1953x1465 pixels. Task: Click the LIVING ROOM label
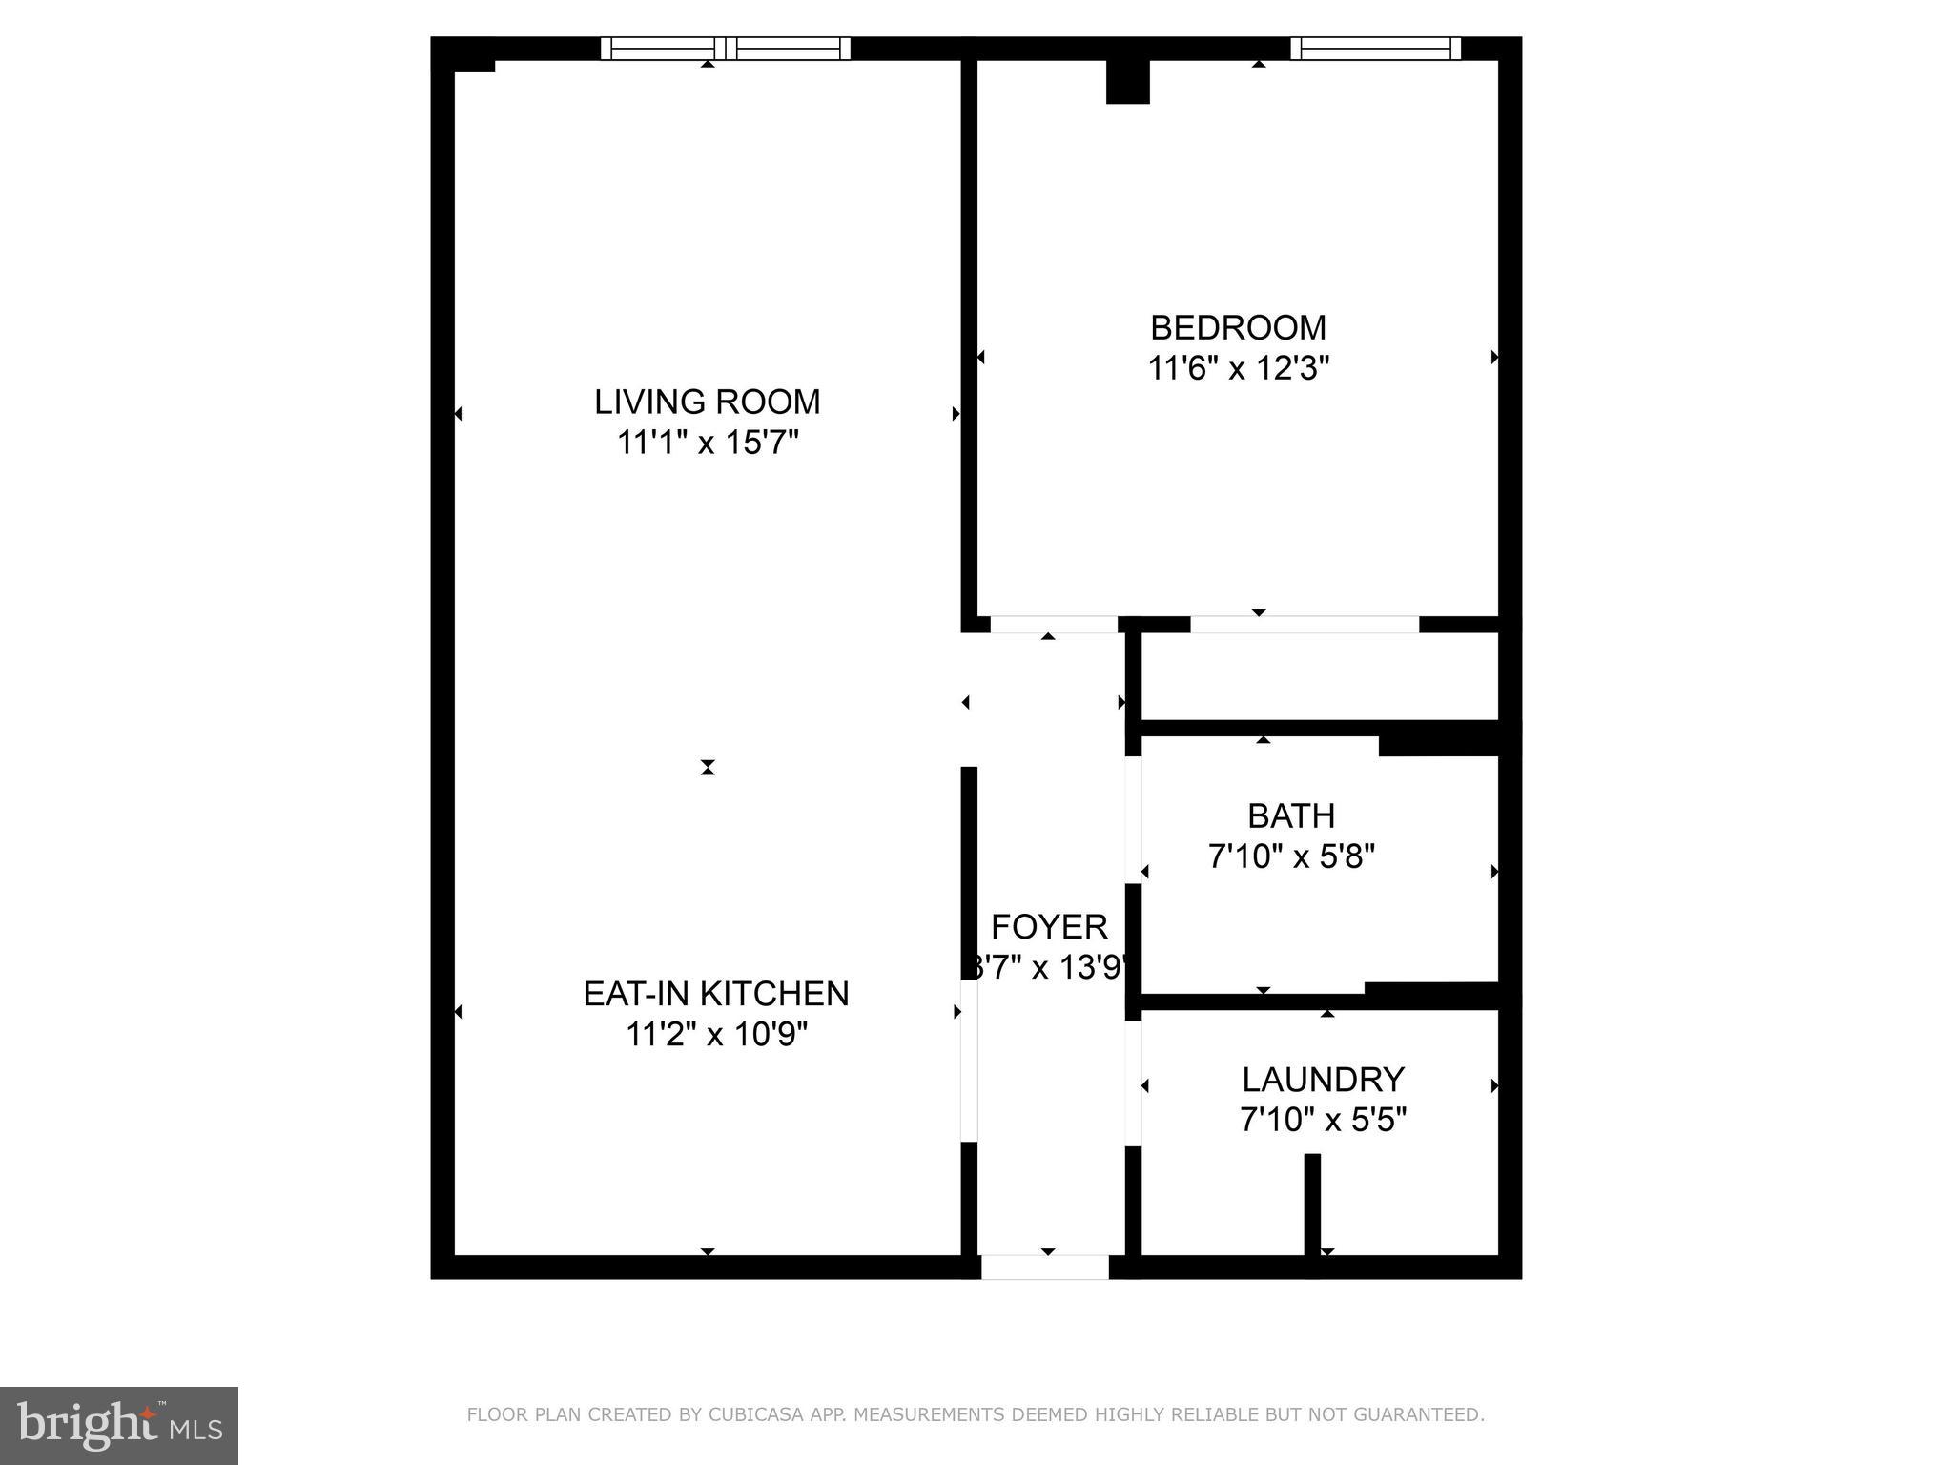707,402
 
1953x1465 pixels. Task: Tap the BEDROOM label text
1238,327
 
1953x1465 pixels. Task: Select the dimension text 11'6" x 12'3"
1238,368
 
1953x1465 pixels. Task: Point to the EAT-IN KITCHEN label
715,994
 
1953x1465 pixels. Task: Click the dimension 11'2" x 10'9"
716,1035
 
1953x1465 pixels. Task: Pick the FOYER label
1049,926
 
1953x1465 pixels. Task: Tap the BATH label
1291,815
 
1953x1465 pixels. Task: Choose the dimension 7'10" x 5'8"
1291,857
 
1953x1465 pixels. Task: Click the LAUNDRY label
1323,1080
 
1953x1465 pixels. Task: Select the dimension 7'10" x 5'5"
1323,1120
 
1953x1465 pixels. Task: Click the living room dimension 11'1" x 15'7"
707,443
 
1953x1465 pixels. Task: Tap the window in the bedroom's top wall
1375,49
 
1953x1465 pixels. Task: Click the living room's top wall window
726,49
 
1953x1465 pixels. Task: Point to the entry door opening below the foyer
1045,1267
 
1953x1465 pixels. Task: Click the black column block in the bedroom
1127,82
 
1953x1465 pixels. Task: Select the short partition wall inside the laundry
1312,1204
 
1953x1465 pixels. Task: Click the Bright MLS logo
119,1425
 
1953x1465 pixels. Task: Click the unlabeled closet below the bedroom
1319,676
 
